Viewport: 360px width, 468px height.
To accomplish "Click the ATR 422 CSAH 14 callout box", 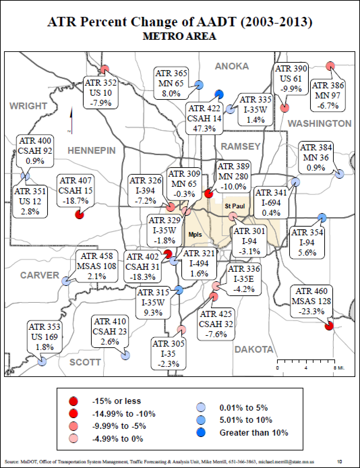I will (204, 118).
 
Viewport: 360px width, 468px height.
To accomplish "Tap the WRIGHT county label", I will (28, 106).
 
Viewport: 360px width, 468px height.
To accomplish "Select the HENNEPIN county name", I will (91, 150).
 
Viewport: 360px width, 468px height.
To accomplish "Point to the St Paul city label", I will (235, 206).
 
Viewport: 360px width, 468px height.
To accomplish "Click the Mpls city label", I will (195, 234).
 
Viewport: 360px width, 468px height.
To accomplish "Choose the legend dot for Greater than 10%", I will (201, 432).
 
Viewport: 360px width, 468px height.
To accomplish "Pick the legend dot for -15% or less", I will (73, 401).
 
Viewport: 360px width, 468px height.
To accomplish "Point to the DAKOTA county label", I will (254, 349).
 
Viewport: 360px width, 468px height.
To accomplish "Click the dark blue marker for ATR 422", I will (219, 94).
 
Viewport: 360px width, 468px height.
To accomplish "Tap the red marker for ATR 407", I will (79, 214).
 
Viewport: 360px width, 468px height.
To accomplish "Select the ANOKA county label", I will (232, 66).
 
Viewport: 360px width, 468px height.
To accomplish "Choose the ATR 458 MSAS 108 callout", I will (97, 266).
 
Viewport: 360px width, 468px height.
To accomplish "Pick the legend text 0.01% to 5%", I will (243, 408).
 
